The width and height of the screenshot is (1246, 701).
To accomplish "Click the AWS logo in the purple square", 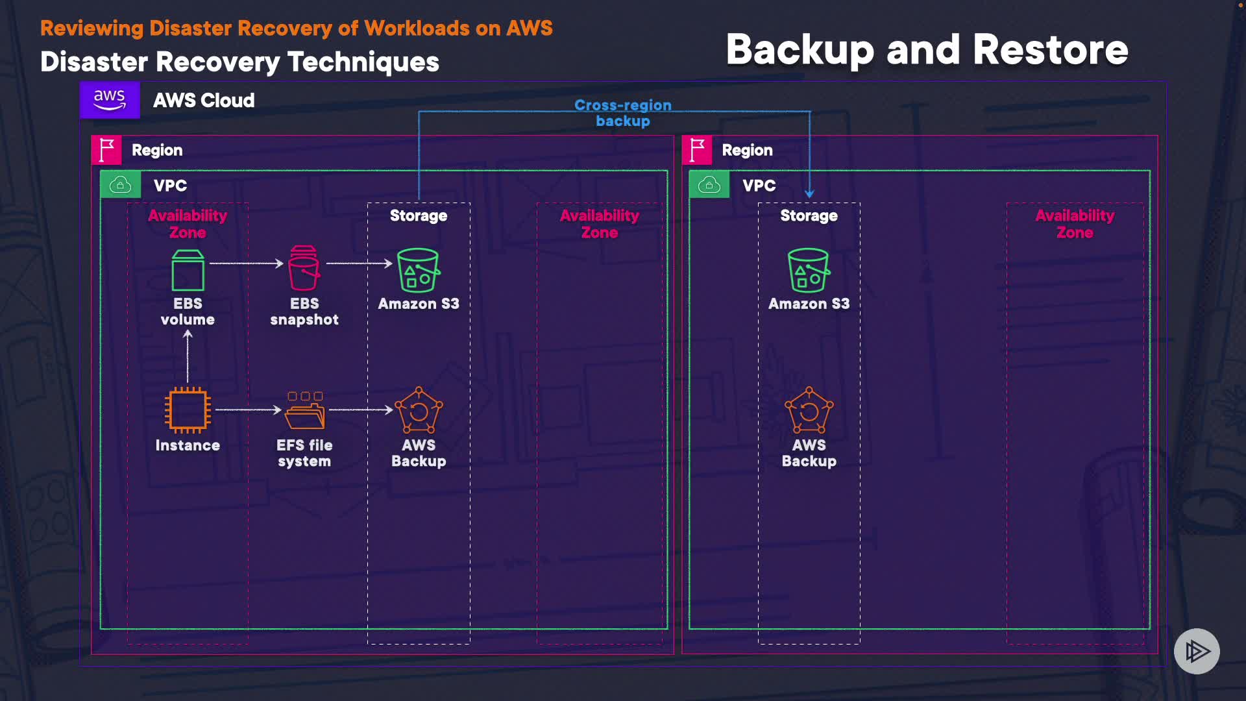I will coord(109,100).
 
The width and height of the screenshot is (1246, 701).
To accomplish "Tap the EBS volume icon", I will coord(188,271).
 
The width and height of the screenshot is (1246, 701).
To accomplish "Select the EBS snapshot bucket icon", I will coord(304,268).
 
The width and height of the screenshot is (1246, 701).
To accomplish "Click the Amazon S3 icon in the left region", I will coord(418,270).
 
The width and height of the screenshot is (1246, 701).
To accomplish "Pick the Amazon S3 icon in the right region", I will coord(809,270).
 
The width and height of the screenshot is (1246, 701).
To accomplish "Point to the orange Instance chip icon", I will coord(188,410).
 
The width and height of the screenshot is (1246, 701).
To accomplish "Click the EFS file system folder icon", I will coord(304,410).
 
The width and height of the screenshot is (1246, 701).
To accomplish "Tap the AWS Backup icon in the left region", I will coord(419,410).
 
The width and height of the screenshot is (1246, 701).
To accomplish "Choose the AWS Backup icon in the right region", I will coord(809,410).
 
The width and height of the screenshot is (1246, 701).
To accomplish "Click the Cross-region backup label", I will coord(622,113).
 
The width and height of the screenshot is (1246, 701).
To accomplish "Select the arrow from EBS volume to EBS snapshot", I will coord(246,264).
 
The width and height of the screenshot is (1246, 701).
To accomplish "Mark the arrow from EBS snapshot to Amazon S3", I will coord(359,264).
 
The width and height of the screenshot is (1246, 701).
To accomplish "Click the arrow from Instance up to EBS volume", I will coord(188,356).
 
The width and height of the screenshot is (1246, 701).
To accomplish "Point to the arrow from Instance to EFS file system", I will coord(248,410).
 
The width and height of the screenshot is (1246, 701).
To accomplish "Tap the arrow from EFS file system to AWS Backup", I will coord(361,410).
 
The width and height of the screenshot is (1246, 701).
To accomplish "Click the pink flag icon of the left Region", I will coord(106,150).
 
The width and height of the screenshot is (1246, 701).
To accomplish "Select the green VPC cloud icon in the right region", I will coord(709,185).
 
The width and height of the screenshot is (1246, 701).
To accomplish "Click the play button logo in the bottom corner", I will coord(1197,651).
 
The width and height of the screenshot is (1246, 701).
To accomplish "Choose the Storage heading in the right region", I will coord(809,215).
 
